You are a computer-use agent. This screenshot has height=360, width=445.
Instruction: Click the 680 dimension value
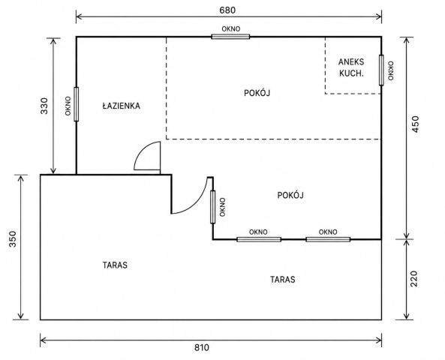click(x=227, y=10)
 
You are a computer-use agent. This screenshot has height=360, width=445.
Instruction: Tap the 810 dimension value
click(x=202, y=347)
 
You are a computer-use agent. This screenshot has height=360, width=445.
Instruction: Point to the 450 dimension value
click(x=415, y=124)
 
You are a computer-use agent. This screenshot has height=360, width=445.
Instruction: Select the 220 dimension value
click(x=414, y=279)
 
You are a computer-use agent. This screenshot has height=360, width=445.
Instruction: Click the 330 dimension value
click(x=44, y=106)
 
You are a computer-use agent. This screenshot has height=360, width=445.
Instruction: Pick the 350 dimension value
click(x=13, y=239)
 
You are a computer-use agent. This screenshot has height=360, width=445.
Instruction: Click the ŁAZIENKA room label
click(x=121, y=106)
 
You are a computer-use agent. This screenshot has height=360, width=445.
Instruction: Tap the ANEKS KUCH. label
click(x=351, y=67)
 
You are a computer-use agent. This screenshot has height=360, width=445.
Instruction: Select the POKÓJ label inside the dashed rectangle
click(x=257, y=92)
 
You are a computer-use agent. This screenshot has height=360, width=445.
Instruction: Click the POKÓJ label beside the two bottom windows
click(x=290, y=195)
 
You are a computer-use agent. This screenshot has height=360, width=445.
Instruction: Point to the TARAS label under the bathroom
click(x=115, y=265)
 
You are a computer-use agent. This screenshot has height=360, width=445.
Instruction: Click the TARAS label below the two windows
click(x=283, y=280)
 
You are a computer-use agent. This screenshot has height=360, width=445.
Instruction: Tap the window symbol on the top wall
click(x=230, y=36)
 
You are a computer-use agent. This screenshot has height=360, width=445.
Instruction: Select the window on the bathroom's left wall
click(x=76, y=104)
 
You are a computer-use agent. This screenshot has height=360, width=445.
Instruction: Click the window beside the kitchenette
click(x=381, y=70)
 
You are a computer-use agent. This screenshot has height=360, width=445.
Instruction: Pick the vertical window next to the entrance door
click(x=213, y=207)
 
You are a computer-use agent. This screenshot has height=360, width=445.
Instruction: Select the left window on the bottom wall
click(x=259, y=239)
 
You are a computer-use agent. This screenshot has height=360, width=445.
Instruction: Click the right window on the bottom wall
click(x=328, y=239)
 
